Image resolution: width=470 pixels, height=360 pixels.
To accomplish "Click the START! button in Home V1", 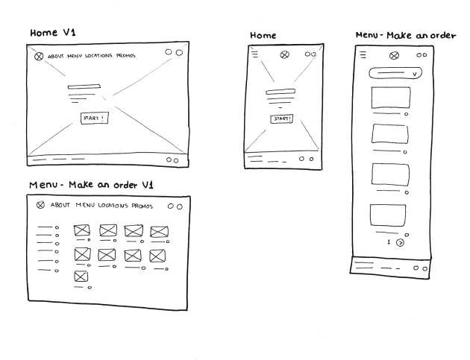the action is coord(94,118).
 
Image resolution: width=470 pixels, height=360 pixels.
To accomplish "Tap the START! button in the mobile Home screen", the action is coord(282,119).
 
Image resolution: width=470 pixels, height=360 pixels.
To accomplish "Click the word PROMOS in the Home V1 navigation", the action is coord(131,57).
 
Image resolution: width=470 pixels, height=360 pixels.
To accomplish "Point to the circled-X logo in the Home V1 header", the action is coord(39,57).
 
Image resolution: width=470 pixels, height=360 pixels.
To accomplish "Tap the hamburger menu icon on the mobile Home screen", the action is coord(255,54).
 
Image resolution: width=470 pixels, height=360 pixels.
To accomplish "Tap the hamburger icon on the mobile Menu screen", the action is coord(363,54).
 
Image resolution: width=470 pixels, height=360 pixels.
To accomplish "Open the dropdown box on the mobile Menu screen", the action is coord(395,73).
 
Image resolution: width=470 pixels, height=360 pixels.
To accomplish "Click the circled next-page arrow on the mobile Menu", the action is coord(400,242).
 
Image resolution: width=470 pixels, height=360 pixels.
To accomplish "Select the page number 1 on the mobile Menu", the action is coord(388,242).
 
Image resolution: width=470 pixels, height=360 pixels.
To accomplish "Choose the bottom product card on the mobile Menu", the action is coord(388,215).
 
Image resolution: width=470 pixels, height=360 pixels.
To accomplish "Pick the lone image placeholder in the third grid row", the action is coord(81,277).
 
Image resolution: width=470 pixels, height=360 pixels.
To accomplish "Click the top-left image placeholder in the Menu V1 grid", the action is coord(81,230).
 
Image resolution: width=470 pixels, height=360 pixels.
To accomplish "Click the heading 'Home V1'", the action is coord(52,34).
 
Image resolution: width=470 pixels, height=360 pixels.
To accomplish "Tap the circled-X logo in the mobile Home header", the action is coord(283,54).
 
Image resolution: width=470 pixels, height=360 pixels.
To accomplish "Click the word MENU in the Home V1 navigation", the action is coord(75,57).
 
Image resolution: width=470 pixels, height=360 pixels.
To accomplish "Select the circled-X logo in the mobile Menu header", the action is coord(395,54).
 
